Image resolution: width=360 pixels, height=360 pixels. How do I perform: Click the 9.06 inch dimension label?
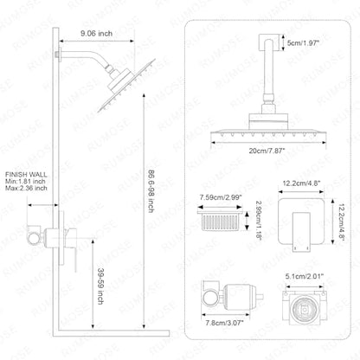pos(96,34)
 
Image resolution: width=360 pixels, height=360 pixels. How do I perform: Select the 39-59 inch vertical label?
pos(100,286)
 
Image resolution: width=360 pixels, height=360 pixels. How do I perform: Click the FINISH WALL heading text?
pos(26,175)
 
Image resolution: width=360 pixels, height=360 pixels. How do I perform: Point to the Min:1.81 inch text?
pos(25,182)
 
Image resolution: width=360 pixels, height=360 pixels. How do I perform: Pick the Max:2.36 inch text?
pos(26,188)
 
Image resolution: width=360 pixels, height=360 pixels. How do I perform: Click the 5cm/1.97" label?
pos(303,43)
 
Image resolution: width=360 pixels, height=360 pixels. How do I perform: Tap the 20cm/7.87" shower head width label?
pos(267,151)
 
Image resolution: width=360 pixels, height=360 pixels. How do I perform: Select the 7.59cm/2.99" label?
pos(221,197)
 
